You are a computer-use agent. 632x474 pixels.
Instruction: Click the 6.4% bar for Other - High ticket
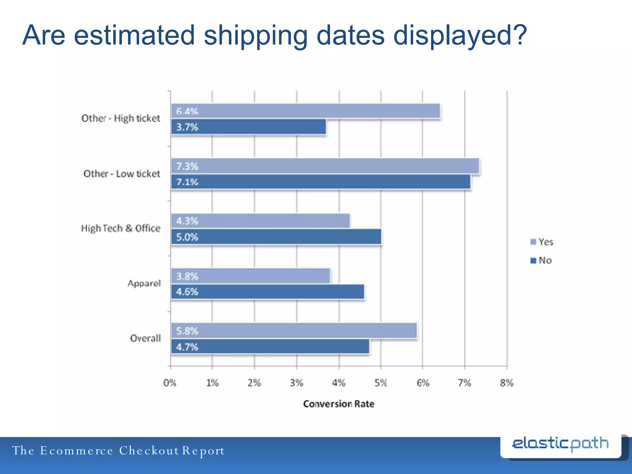(306, 111)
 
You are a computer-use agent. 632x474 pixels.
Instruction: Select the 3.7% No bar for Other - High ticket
(249, 127)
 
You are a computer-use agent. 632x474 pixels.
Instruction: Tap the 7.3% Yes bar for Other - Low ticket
(325, 166)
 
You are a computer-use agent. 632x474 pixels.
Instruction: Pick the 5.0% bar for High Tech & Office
(276, 237)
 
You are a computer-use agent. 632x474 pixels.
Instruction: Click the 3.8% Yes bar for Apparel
(251, 276)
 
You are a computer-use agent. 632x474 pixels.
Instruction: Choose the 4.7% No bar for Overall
(270, 347)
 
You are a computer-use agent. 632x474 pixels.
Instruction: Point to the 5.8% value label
(187, 331)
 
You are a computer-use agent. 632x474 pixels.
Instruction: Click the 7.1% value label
(187, 182)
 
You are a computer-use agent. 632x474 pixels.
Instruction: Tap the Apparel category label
(144, 283)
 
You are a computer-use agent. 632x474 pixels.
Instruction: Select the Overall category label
(145, 338)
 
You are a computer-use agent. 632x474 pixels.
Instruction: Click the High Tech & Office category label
(121, 228)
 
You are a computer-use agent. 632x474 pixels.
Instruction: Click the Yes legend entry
(542, 242)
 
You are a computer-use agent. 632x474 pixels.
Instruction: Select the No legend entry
(541, 260)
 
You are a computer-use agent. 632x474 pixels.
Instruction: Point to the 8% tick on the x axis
(507, 383)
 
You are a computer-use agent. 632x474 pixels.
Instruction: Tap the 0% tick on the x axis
(170, 383)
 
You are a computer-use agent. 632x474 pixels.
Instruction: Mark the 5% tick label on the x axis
(381, 383)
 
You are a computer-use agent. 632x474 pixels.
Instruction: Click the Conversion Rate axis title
(339, 404)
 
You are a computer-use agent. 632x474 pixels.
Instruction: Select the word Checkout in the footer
(149, 451)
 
